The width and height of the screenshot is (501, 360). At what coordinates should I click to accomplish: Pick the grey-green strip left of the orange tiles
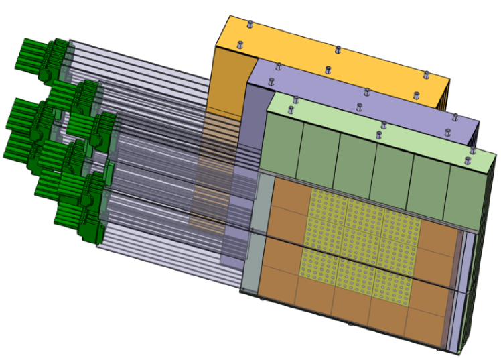(x=250, y=241)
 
